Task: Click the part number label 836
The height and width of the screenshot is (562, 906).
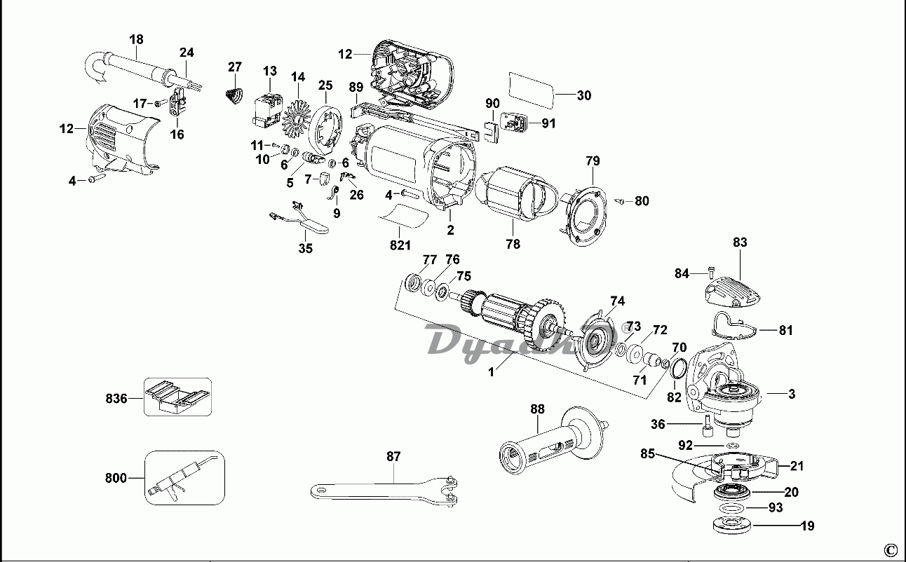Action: tap(116, 399)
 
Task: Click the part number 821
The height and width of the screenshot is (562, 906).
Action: tap(400, 245)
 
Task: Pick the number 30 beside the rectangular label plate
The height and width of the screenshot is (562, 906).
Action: tap(583, 95)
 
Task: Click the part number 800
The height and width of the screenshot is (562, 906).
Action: tap(116, 478)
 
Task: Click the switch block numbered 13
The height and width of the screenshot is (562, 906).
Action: tap(268, 109)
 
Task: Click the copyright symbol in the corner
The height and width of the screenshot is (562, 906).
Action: tap(890, 549)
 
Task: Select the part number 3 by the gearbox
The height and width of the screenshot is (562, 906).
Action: tap(792, 395)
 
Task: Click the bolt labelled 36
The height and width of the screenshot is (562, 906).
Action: tap(709, 423)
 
